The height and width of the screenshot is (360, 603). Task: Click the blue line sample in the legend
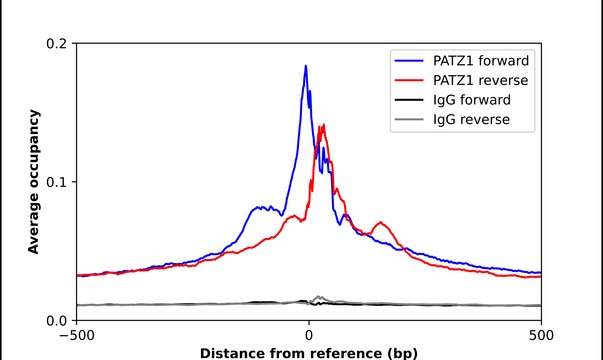tap(409, 61)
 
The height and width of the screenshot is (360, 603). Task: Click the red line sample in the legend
tap(409, 80)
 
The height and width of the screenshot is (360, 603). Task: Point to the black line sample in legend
tap(409, 100)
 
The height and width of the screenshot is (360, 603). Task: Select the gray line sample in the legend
tap(409, 119)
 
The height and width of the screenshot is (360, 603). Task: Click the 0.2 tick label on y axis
tap(57, 44)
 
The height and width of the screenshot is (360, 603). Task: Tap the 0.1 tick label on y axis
tap(57, 182)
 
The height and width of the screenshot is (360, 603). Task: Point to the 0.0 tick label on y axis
tap(57, 320)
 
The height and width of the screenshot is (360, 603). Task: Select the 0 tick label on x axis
tap(309, 335)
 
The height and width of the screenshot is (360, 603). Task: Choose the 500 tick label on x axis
tap(541, 335)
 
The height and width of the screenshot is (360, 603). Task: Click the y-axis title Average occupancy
tap(34, 182)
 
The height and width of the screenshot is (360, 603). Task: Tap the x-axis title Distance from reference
tap(309, 352)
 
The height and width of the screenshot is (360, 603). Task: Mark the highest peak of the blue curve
tap(306, 66)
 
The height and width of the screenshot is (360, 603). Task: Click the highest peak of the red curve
tap(322, 125)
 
